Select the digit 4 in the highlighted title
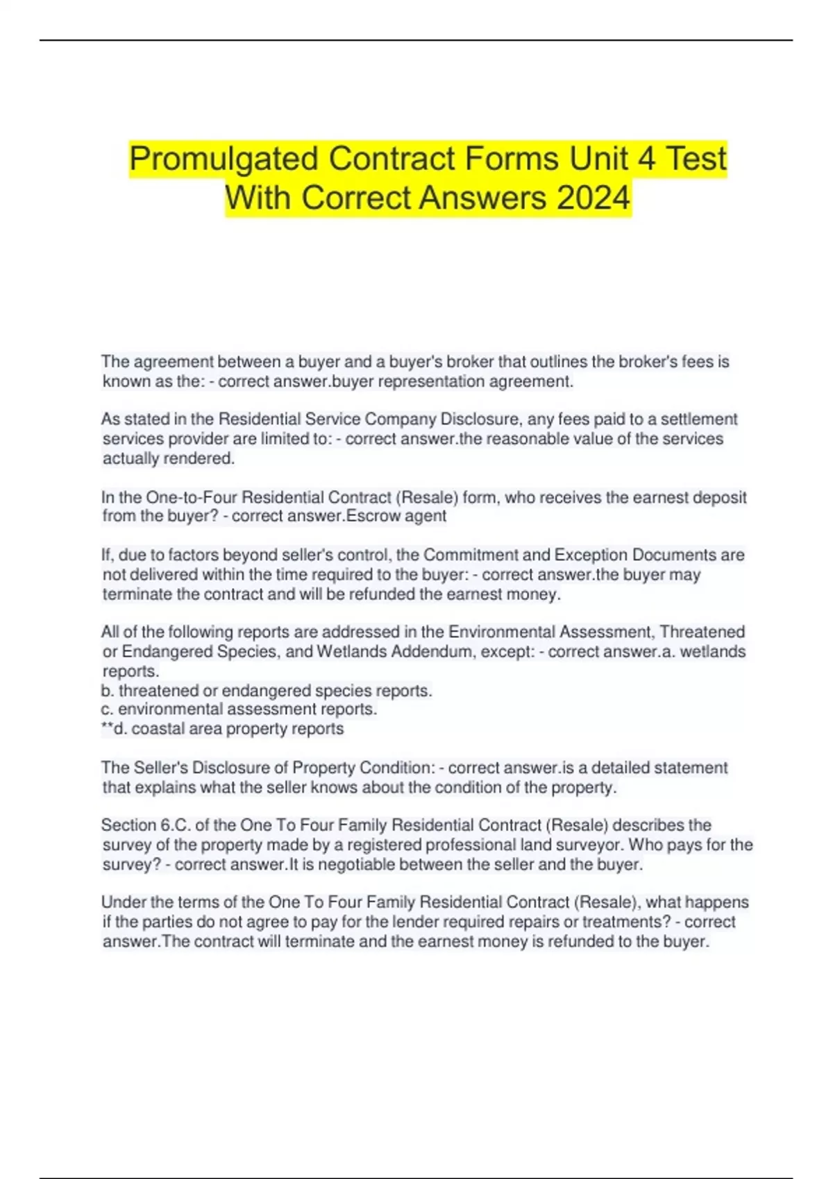646,160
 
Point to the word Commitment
469,555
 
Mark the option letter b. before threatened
108,691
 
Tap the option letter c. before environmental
108,709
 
